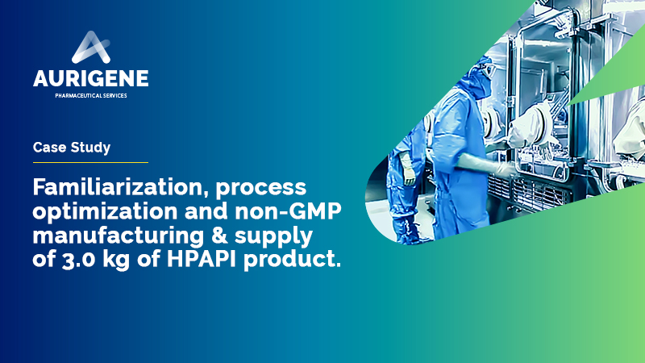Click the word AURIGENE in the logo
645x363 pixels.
tap(91, 78)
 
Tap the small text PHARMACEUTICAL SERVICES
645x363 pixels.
tap(91, 95)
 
